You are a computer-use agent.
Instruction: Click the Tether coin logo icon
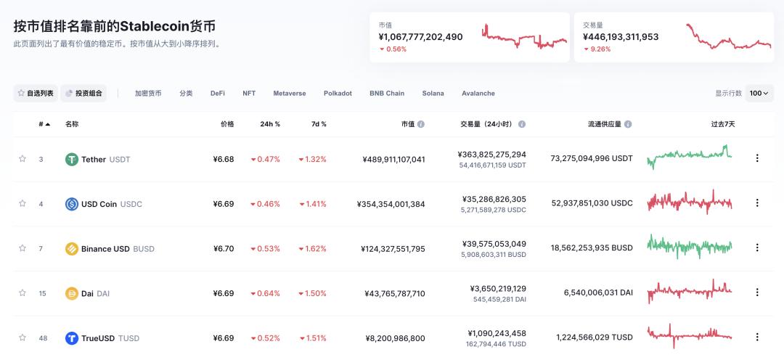tap(72, 159)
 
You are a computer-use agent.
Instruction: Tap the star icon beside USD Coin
tap(23, 204)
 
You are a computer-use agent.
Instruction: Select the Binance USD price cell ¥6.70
tap(223, 249)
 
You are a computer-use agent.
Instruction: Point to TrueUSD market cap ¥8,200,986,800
tap(395, 338)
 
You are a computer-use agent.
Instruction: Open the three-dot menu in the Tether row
tap(757, 158)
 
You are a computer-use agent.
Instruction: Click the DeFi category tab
tap(218, 93)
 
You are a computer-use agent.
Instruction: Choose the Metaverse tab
tap(289, 93)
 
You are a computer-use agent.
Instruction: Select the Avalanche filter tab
tap(478, 93)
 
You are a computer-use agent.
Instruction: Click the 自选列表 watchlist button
tap(36, 93)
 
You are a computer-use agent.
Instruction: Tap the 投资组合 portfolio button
tap(84, 93)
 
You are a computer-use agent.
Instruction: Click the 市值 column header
tap(408, 124)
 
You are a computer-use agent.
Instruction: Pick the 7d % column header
tap(319, 124)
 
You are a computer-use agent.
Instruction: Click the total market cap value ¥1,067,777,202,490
tap(420, 36)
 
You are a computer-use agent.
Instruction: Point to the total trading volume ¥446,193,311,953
tap(621, 36)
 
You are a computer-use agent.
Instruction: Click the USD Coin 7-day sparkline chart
tap(689, 202)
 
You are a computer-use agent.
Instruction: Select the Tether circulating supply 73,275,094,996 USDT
tap(592, 158)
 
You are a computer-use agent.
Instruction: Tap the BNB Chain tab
tap(387, 93)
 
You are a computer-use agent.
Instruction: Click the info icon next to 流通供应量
tap(628, 124)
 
